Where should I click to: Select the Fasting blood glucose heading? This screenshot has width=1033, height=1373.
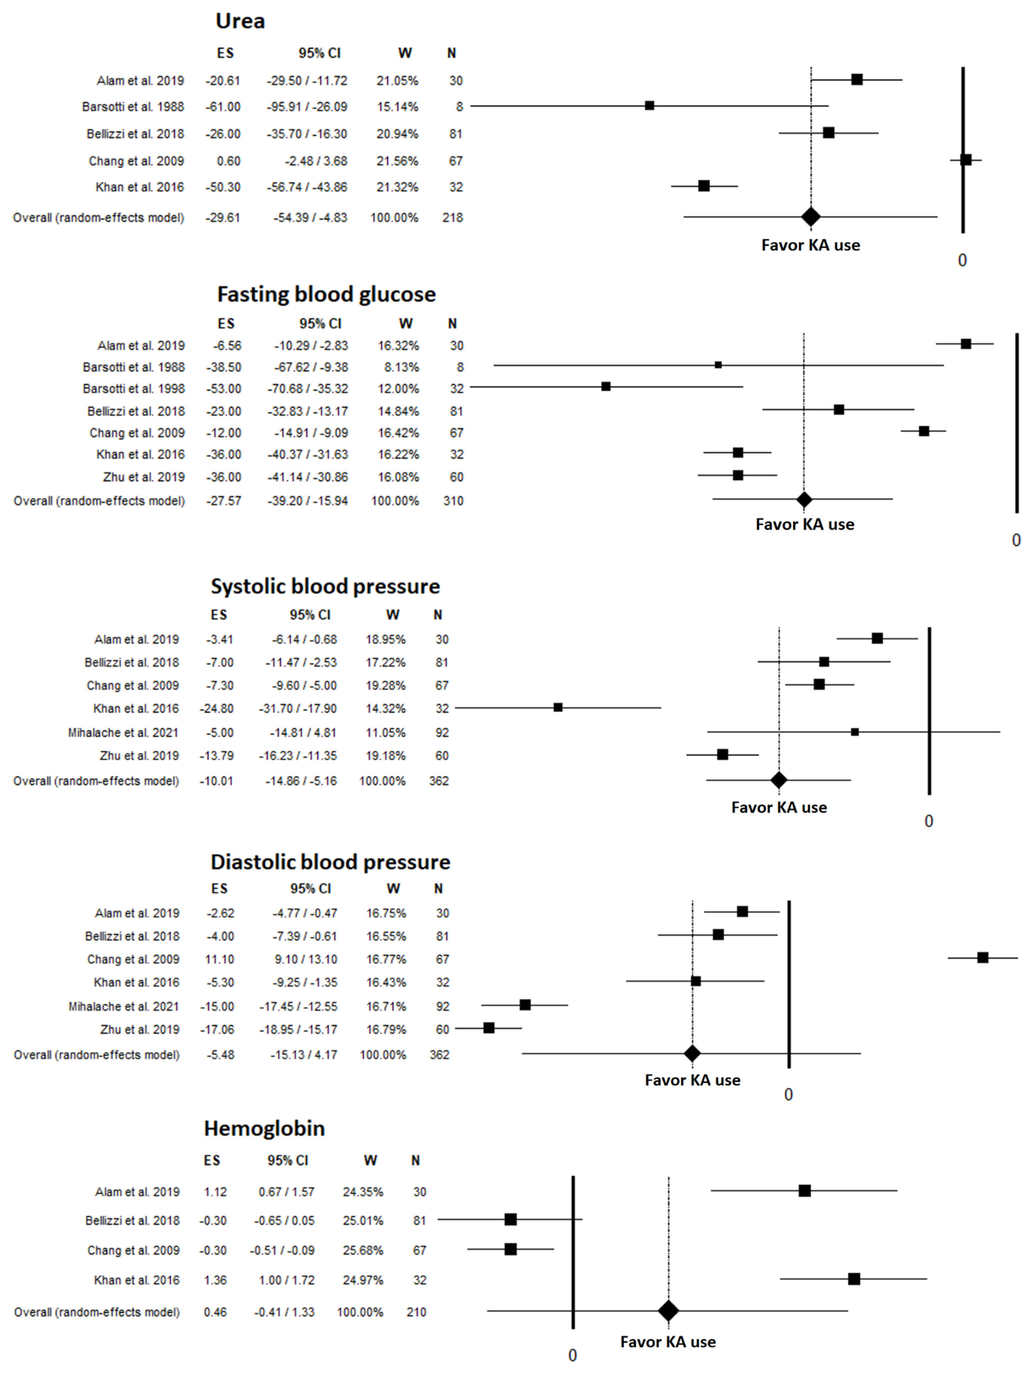click(326, 294)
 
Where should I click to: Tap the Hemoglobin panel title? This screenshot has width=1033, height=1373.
click(264, 1128)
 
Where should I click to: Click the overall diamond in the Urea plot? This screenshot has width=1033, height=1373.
click(810, 217)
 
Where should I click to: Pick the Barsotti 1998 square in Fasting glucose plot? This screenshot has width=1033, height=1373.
click(606, 387)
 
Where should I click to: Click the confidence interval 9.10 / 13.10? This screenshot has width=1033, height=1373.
click(306, 959)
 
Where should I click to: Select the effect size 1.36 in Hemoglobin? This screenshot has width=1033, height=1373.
click(215, 1280)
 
